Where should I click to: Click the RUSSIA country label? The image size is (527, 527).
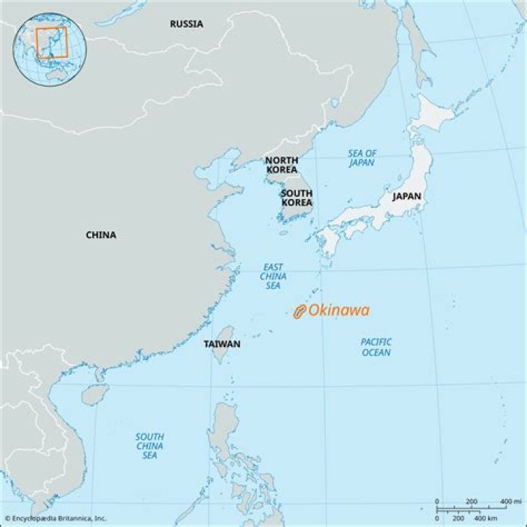click(x=187, y=24)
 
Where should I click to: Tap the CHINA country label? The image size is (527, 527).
click(x=101, y=235)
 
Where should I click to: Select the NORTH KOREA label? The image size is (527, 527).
click(x=281, y=165)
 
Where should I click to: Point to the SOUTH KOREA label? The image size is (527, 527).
click(x=296, y=198)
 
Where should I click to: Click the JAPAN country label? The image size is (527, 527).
click(x=406, y=196)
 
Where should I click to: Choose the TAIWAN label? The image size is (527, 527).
click(x=222, y=343)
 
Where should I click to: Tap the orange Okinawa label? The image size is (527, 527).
click(x=338, y=310)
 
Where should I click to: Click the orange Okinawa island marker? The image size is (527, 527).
click(x=299, y=312)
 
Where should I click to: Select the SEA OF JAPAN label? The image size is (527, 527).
click(x=362, y=158)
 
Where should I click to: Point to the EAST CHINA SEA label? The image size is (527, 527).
click(x=273, y=277)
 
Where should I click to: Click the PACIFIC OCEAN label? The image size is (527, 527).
click(x=375, y=347)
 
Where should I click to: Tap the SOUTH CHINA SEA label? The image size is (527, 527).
click(x=149, y=446)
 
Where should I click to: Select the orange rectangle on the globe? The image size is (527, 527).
click(x=52, y=42)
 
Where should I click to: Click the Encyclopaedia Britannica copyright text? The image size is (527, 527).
click(x=56, y=518)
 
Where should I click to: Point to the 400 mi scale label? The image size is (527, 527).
click(x=505, y=501)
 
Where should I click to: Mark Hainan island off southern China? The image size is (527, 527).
click(x=94, y=395)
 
